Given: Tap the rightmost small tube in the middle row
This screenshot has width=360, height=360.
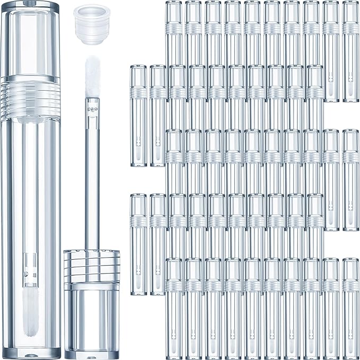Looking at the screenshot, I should coord(350,180).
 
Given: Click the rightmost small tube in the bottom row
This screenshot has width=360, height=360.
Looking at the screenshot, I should coord(350,308).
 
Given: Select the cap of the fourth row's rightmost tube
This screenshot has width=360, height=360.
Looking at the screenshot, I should coord(314,205).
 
